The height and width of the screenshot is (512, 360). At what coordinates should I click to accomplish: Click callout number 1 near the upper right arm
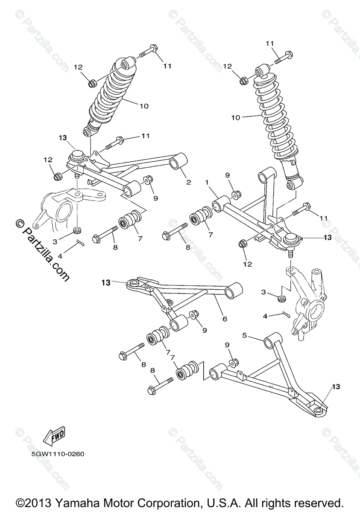(x=206, y=182)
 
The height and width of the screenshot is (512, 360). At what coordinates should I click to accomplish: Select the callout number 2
(x=188, y=182)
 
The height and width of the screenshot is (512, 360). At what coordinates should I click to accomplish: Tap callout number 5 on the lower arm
(x=245, y=335)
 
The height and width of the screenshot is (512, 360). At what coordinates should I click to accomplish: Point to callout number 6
(x=224, y=319)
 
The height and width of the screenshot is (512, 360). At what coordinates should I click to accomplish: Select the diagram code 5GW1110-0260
(x=57, y=454)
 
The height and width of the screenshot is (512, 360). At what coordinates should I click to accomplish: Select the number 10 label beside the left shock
(x=143, y=105)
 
